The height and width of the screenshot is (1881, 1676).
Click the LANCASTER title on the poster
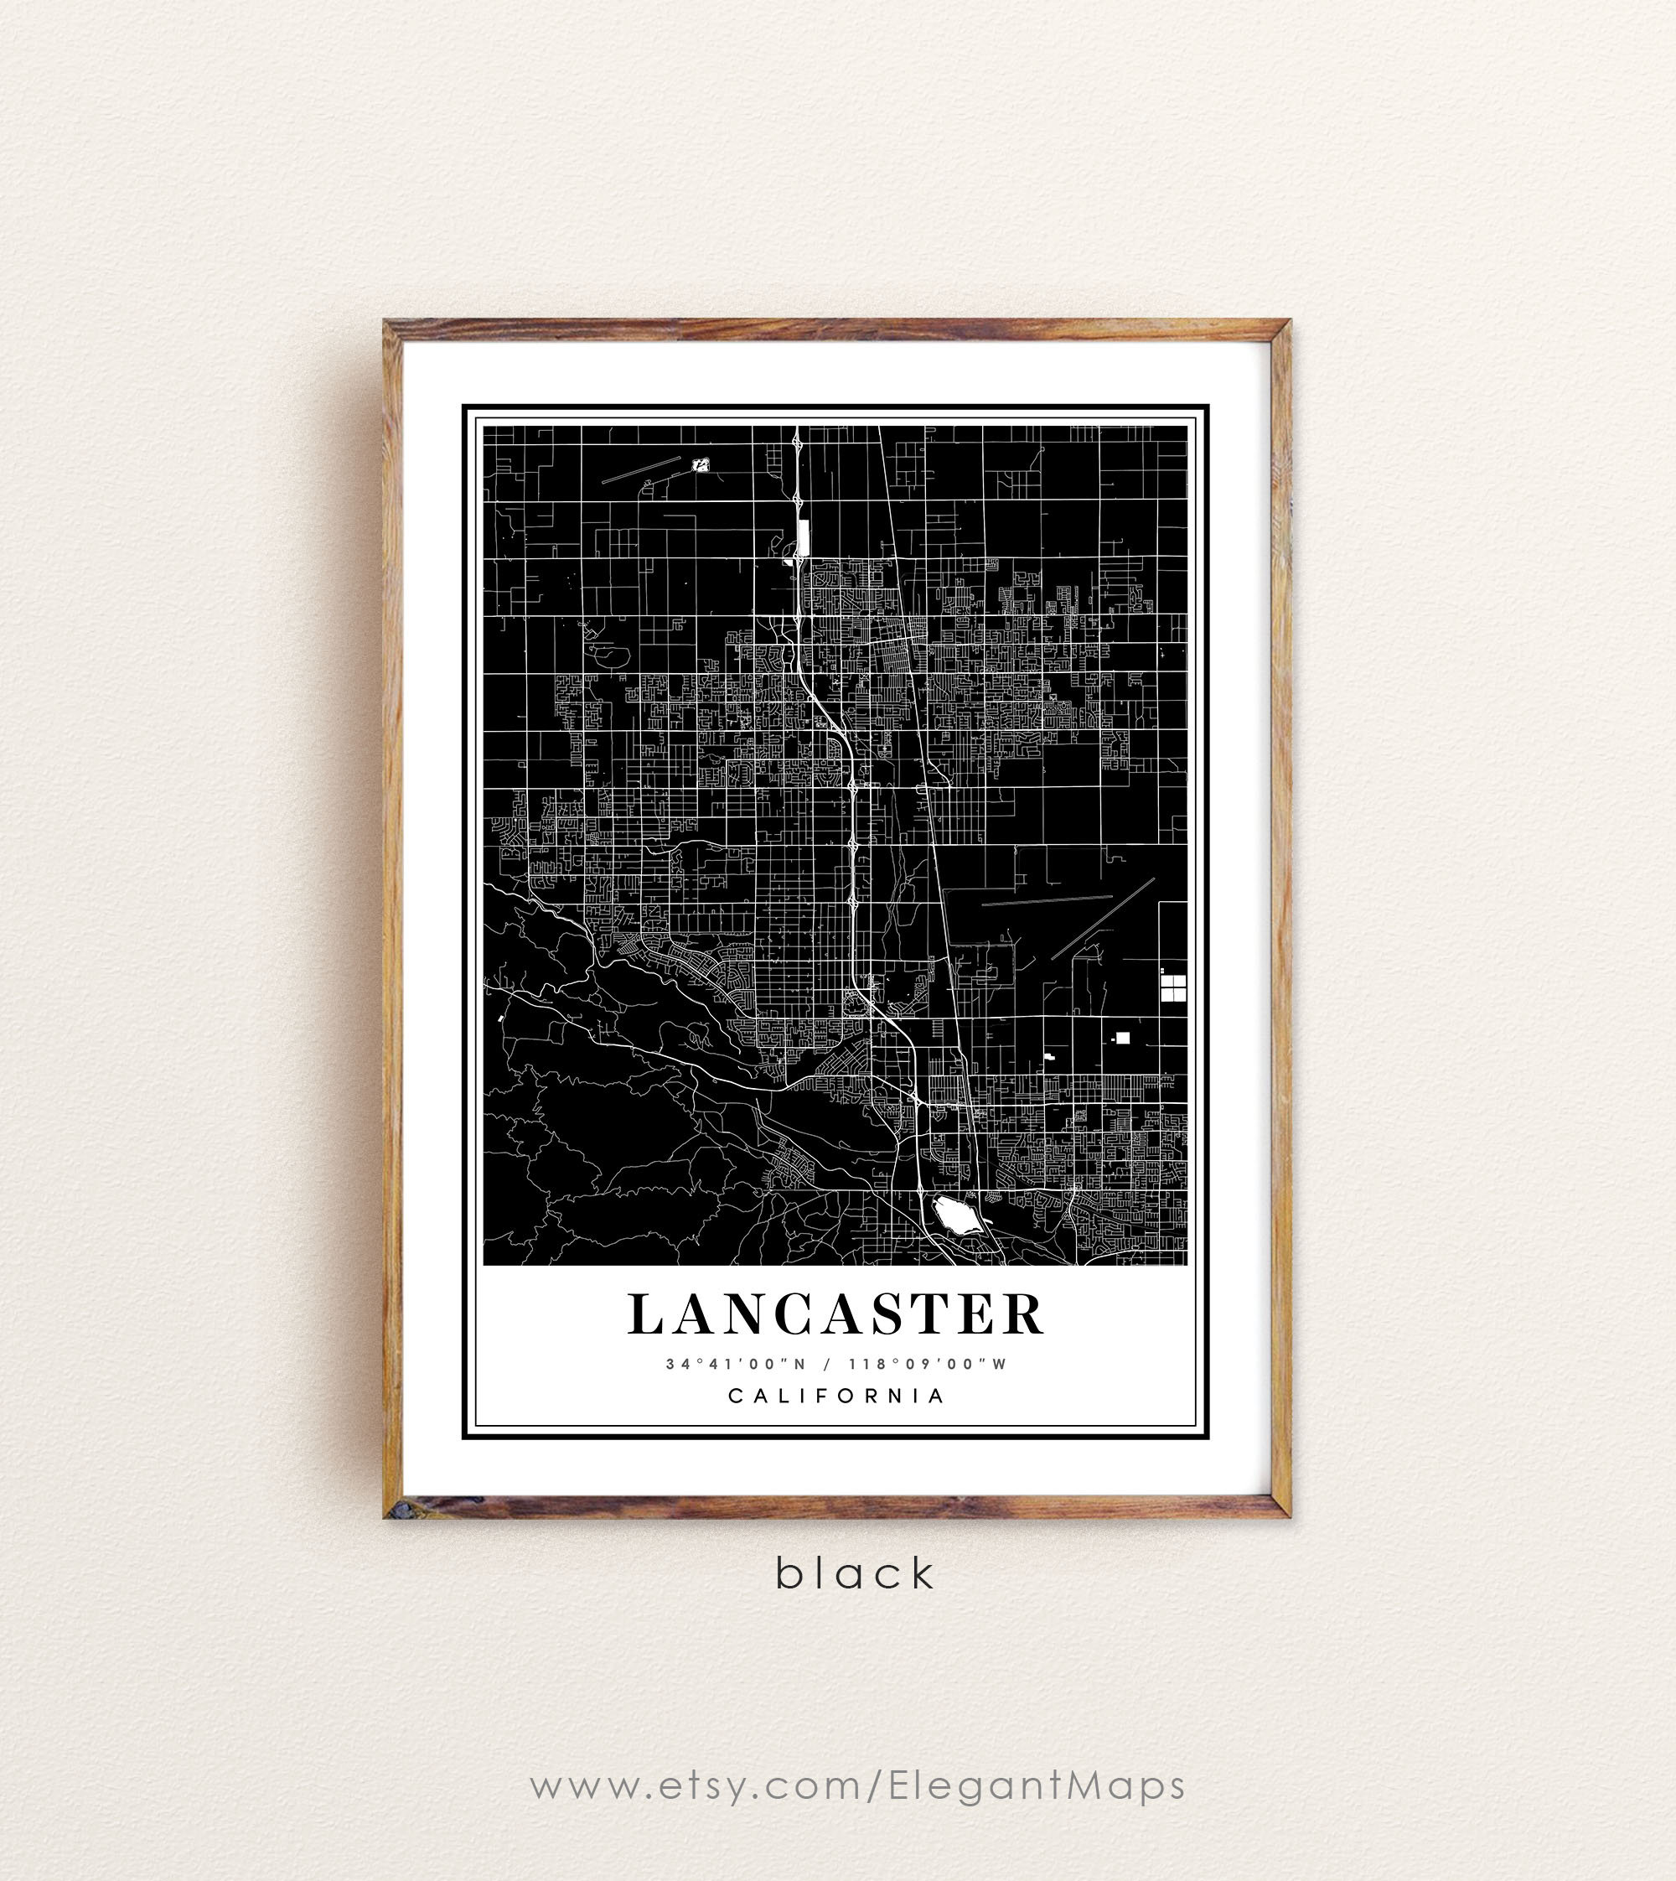click(836, 1314)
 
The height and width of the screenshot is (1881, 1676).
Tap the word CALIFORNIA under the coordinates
click(836, 1396)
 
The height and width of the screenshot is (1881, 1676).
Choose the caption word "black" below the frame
click(856, 1574)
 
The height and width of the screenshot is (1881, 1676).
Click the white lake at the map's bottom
click(956, 1215)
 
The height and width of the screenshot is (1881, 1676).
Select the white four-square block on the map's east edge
click(1173, 988)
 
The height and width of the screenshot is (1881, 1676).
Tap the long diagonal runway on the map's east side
click(1103, 919)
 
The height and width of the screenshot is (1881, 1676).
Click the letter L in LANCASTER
click(645, 1314)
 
